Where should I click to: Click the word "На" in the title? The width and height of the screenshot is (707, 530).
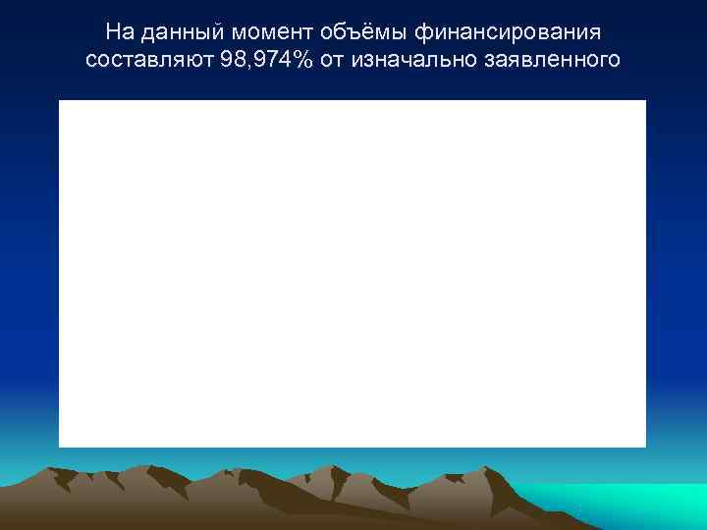pyautogui.click(x=120, y=32)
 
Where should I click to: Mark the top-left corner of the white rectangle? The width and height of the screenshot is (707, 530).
pyautogui.click(x=60, y=101)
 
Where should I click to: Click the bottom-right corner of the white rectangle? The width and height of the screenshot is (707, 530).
pyautogui.click(x=645, y=447)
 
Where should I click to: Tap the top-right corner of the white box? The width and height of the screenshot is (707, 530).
pyautogui.click(x=645, y=101)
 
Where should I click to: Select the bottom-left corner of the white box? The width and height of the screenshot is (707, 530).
pyautogui.click(x=60, y=447)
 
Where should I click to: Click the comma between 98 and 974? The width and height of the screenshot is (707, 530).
pyautogui.click(x=245, y=67)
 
